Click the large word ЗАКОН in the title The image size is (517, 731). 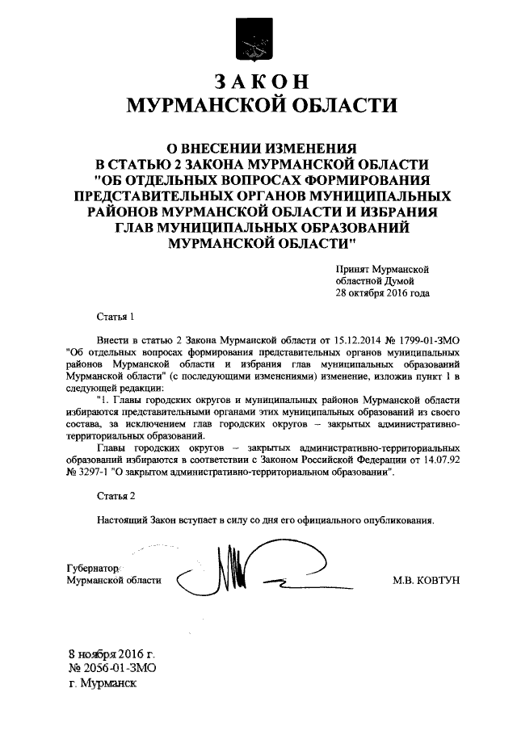click(258, 82)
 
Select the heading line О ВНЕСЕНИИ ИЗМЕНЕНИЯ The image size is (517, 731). click(258, 147)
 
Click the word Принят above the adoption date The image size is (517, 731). click(353, 267)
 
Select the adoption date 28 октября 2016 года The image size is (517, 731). click(383, 293)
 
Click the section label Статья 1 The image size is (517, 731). click(113, 317)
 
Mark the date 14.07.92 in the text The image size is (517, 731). click(441, 460)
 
